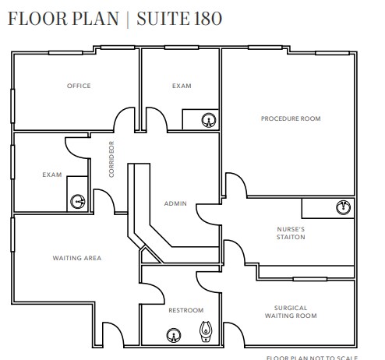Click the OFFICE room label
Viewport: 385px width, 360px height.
point(79,86)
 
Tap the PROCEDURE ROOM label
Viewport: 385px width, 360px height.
point(291,118)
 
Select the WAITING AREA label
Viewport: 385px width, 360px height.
point(76,258)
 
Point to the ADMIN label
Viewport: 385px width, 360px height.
point(175,203)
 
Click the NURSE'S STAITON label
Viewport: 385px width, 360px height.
point(291,233)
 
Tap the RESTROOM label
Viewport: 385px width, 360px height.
point(185,310)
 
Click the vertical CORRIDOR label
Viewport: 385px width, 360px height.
point(111,159)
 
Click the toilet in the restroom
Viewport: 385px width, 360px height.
point(206,333)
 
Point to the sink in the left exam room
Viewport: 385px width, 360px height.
point(78,201)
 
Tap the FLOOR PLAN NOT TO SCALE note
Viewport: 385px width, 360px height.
point(312,357)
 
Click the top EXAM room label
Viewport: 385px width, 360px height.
point(182,86)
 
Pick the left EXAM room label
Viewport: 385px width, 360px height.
point(51,175)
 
